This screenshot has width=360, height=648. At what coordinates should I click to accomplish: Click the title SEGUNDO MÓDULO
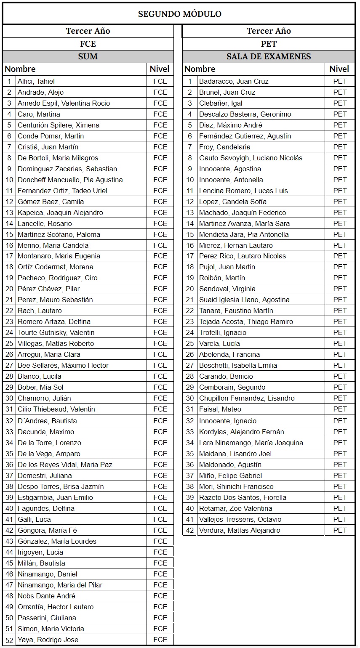point(179,14)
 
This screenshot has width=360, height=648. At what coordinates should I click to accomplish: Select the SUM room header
point(88,56)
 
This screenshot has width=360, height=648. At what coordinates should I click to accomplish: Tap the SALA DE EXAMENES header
point(269,56)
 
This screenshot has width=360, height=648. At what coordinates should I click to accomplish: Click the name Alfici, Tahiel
point(36,81)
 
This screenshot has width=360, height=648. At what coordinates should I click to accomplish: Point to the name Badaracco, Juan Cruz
point(234,81)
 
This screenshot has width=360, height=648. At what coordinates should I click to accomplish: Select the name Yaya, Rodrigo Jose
point(48,640)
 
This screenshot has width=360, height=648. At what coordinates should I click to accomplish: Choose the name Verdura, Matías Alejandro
point(240,530)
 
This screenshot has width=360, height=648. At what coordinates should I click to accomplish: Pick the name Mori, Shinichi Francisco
point(236,486)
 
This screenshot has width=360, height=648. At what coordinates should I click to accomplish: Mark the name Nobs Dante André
point(46,596)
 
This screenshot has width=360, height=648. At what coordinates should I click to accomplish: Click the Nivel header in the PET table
point(339,69)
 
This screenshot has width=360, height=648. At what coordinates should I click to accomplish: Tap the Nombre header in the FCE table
point(20,69)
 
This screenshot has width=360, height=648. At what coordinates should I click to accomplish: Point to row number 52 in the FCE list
point(9,640)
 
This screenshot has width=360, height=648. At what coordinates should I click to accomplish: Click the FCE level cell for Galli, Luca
point(160,519)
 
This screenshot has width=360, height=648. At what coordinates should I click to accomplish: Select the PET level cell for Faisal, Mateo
point(340,409)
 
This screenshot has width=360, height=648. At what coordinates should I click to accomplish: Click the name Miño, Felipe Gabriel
point(230,475)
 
